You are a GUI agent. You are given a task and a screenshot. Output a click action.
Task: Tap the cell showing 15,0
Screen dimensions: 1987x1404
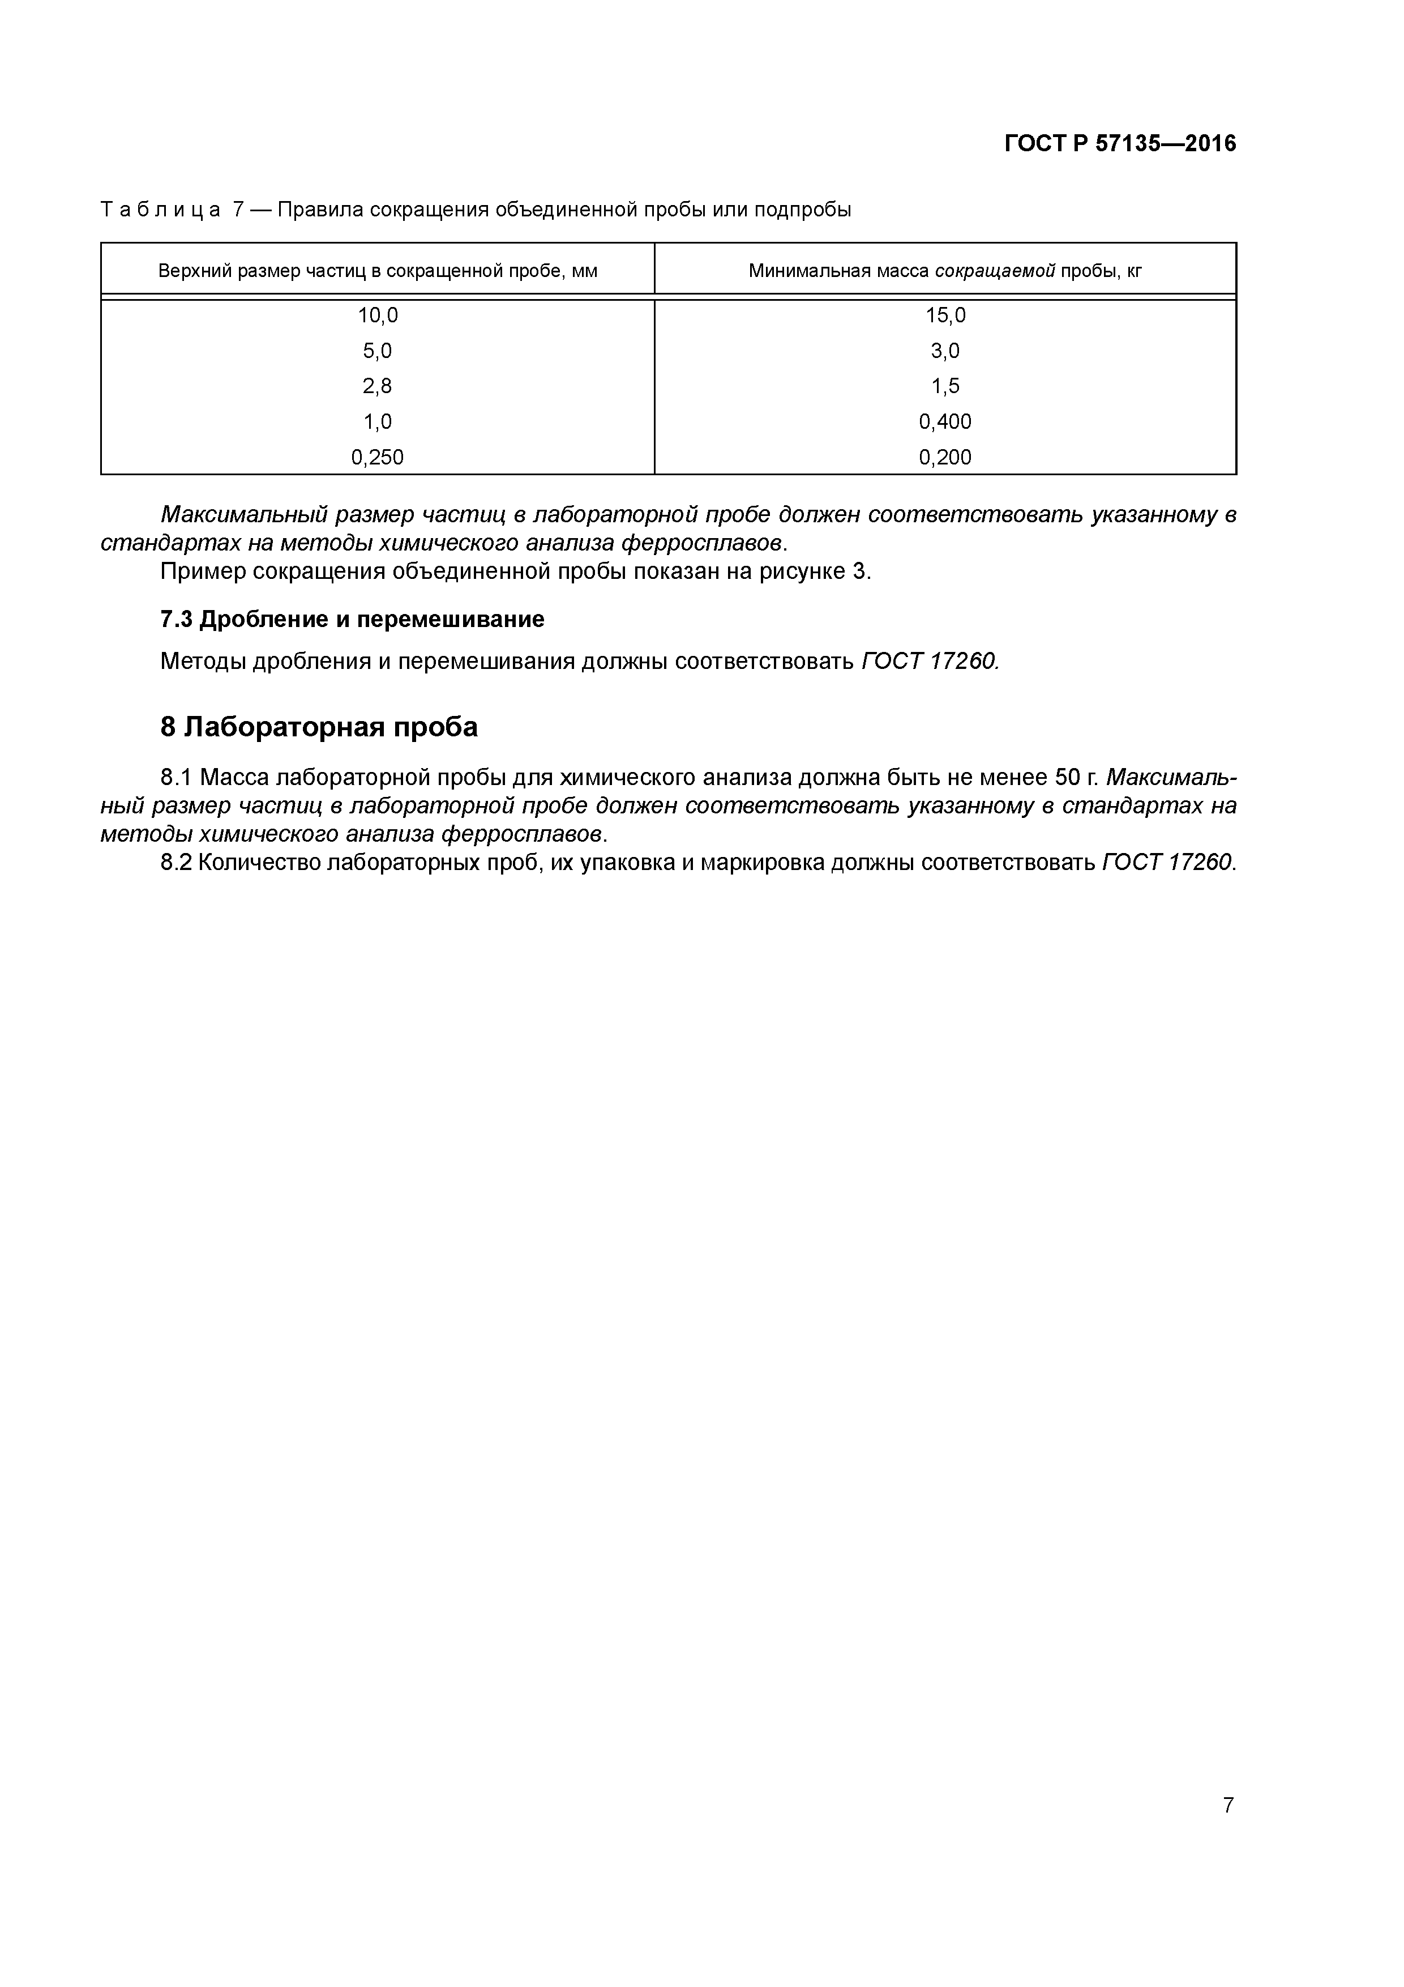[945, 316]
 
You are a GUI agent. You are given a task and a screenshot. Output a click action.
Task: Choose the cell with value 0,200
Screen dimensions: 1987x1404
[945, 458]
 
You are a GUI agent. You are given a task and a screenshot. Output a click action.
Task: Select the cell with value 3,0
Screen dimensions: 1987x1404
[945, 351]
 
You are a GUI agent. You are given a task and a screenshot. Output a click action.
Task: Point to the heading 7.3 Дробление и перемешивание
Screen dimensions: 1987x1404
[352, 620]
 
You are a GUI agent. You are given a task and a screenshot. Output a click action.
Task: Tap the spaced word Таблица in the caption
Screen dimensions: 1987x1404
[160, 210]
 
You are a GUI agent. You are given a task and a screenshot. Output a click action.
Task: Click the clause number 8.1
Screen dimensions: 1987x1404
[177, 777]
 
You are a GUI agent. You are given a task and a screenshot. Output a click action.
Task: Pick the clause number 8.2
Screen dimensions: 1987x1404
[177, 863]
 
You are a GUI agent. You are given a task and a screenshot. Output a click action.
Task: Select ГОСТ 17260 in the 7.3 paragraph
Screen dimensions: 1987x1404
[930, 662]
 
